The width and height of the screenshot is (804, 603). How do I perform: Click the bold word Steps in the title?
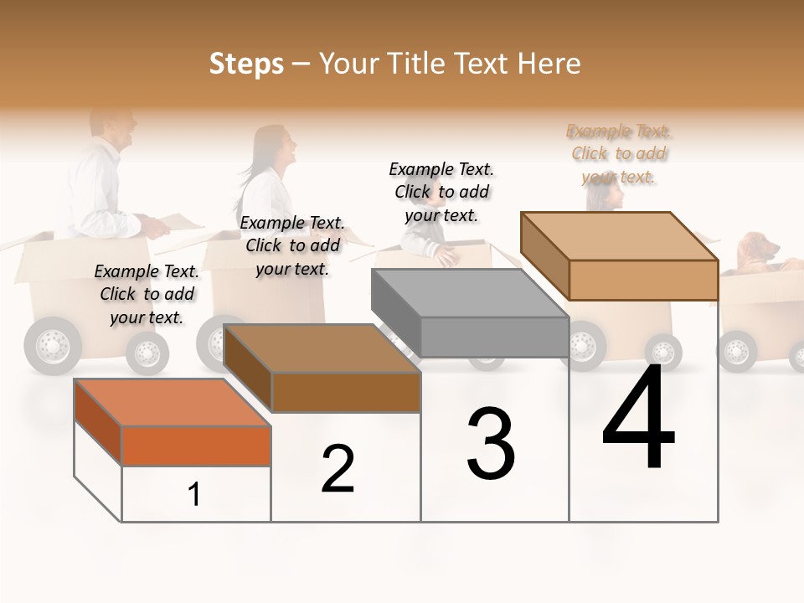[x=246, y=64]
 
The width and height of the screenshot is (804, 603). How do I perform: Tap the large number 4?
[x=638, y=418]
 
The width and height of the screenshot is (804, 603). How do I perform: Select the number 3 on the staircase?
[x=491, y=444]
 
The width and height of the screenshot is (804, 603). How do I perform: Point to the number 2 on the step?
[x=338, y=469]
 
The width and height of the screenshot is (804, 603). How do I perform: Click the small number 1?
[x=194, y=494]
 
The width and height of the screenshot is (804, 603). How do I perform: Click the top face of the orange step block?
[x=172, y=402]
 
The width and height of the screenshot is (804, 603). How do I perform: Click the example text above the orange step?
[x=147, y=294]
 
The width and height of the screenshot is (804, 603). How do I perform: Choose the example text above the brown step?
[x=292, y=245]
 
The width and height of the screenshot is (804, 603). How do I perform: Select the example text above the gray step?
[x=441, y=192]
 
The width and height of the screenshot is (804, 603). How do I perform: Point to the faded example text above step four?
[x=619, y=153]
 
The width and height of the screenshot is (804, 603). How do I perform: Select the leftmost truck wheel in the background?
[x=53, y=345]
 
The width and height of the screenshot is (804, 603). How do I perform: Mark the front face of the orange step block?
[x=196, y=446]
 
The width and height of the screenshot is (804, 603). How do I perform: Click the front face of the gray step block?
[x=494, y=337]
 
